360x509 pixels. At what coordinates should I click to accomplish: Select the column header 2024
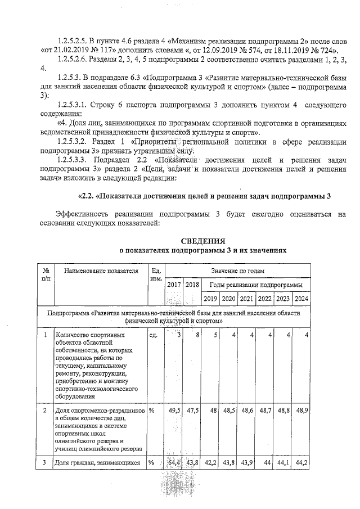pos(301,298)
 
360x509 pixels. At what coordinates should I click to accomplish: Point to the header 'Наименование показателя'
pos(101,271)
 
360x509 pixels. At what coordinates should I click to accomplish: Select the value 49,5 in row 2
pos(174,411)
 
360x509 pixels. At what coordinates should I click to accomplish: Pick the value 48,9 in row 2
pos(301,411)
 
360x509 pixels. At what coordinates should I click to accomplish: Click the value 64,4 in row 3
pos(174,463)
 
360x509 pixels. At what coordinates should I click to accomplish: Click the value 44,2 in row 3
pos(301,463)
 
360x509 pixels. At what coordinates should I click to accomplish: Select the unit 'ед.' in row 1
pos(153,335)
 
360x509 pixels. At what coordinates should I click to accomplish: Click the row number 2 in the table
pos(44,411)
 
